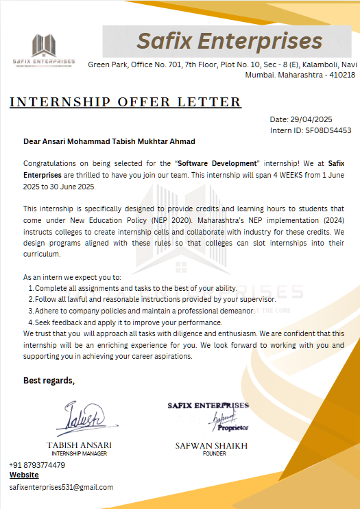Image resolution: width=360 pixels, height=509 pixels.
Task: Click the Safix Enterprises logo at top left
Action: pos(43,49)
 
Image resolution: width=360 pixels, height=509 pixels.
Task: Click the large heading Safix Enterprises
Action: pos(229,41)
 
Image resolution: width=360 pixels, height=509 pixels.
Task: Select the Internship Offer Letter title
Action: pos(125,103)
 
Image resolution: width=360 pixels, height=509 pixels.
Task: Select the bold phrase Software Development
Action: pos(218,163)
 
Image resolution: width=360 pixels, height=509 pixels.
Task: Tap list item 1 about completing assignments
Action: pos(136,288)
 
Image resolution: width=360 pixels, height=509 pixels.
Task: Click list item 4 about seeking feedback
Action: pos(128,322)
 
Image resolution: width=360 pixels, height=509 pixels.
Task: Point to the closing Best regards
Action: pos(49,381)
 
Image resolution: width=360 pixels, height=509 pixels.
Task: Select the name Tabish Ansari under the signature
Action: pos(80,445)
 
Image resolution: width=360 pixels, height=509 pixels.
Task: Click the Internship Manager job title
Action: pos(80,453)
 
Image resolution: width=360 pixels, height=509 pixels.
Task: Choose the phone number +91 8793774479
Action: pos(37,465)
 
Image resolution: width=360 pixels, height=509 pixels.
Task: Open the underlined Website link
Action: pos(24,475)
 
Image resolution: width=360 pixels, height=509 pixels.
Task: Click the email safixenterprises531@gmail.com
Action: pos(61,487)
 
